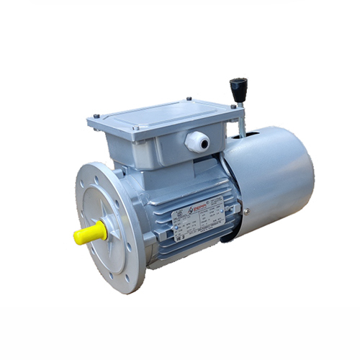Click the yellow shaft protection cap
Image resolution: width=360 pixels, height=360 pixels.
pos(89,233)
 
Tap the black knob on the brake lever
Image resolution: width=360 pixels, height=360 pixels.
pos(238,90)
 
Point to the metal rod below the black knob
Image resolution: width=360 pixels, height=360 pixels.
pos(241,119)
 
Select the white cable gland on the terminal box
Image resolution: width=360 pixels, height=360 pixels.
pos(197,141)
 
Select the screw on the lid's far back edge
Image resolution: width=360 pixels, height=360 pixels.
pos(189,99)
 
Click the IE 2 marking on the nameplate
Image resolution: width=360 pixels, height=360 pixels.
pos(179,234)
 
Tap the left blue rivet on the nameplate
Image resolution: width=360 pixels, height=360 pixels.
pos(174,215)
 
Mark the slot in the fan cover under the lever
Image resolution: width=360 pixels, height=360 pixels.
pos(238,134)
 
